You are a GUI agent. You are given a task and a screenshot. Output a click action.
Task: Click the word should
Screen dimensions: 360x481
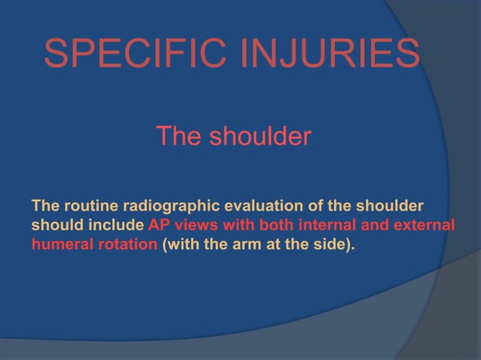point(55,226)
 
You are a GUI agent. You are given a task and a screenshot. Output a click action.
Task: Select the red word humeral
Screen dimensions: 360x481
point(60,246)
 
